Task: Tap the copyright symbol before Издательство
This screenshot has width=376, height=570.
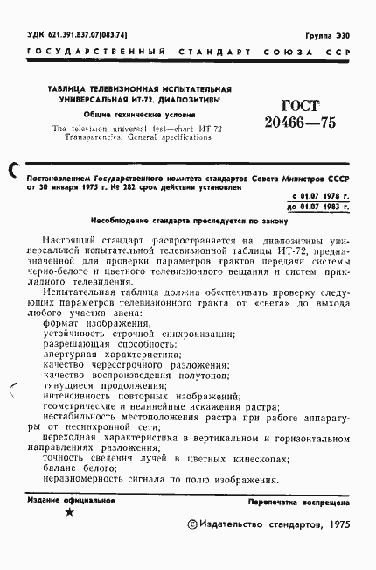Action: tap(195, 524)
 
